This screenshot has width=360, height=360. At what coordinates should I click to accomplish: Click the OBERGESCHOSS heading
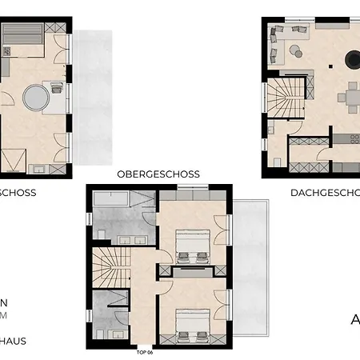(x=158, y=174)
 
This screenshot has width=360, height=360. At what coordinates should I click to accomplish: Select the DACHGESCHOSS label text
(x=324, y=193)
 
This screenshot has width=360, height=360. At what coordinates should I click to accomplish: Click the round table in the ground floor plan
(x=35, y=100)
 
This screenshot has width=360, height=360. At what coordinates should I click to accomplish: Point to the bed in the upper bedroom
(x=193, y=245)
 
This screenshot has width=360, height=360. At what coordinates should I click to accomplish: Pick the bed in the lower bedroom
(x=193, y=323)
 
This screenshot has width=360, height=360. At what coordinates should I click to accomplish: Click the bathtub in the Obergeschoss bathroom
(x=115, y=200)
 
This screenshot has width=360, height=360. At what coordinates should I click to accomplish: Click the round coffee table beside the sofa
(x=295, y=53)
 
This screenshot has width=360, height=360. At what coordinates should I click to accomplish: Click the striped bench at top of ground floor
(x=18, y=34)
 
